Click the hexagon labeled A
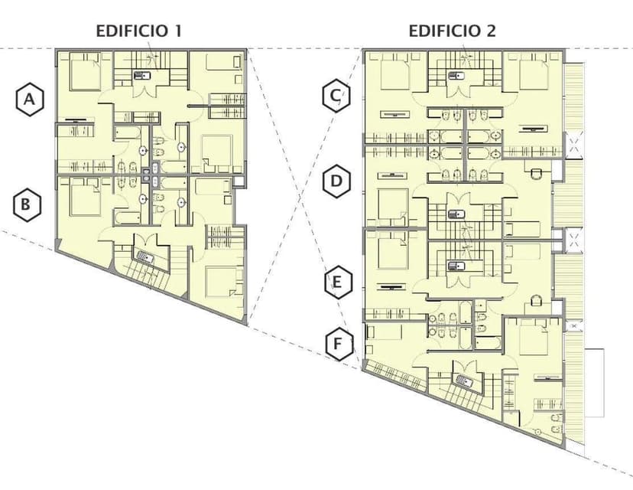[30, 100]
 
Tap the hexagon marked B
[26, 204]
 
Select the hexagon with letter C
[336, 96]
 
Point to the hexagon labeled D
[336, 181]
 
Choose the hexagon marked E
[339, 283]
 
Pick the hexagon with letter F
[339, 345]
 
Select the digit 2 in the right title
[491, 31]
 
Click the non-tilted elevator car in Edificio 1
[142, 75]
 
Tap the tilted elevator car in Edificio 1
[145, 257]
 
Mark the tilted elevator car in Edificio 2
[464, 380]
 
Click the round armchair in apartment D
[537, 175]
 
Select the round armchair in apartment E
[536, 301]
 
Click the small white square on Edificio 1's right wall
[239, 181]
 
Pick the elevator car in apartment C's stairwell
[456, 75]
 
